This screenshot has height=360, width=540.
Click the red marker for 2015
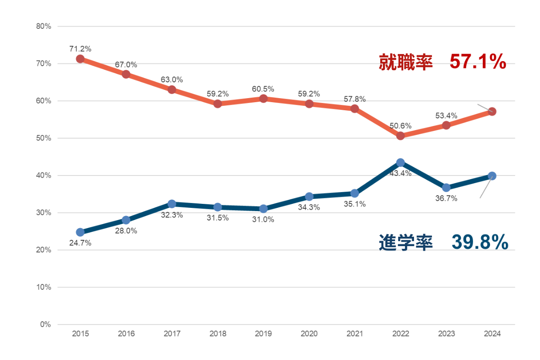click(x=80, y=59)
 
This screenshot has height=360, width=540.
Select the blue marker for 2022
click(x=400, y=162)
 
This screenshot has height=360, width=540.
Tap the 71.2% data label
click(x=80, y=49)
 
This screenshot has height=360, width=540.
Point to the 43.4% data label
click(x=400, y=173)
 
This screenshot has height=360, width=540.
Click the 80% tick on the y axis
click(x=44, y=27)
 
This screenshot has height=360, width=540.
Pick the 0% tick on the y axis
click(x=45, y=324)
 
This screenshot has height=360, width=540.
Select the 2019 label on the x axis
click(x=263, y=334)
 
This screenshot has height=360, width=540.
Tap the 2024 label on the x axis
click(x=492, y=334)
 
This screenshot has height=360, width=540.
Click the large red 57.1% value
click(x=478, y=63)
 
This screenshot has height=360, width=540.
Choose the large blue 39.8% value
click(x=480, y=243)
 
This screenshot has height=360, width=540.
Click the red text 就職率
click(x=405, y=63)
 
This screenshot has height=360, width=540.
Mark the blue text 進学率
click(x=405, y=243)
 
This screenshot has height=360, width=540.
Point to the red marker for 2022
click(x=400, y=135)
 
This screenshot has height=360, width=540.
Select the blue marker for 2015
click(x=80, y=232)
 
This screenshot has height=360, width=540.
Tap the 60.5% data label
click(x=263, y=89)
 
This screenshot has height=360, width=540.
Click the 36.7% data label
click(x=446, y=198)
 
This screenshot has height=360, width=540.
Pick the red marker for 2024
click(x=492, y=111)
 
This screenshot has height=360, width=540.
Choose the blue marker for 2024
click(x=492, y=176)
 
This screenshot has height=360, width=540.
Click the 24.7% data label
click(x=80, y=243)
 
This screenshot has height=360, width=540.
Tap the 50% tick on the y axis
click(x=44, y=138)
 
